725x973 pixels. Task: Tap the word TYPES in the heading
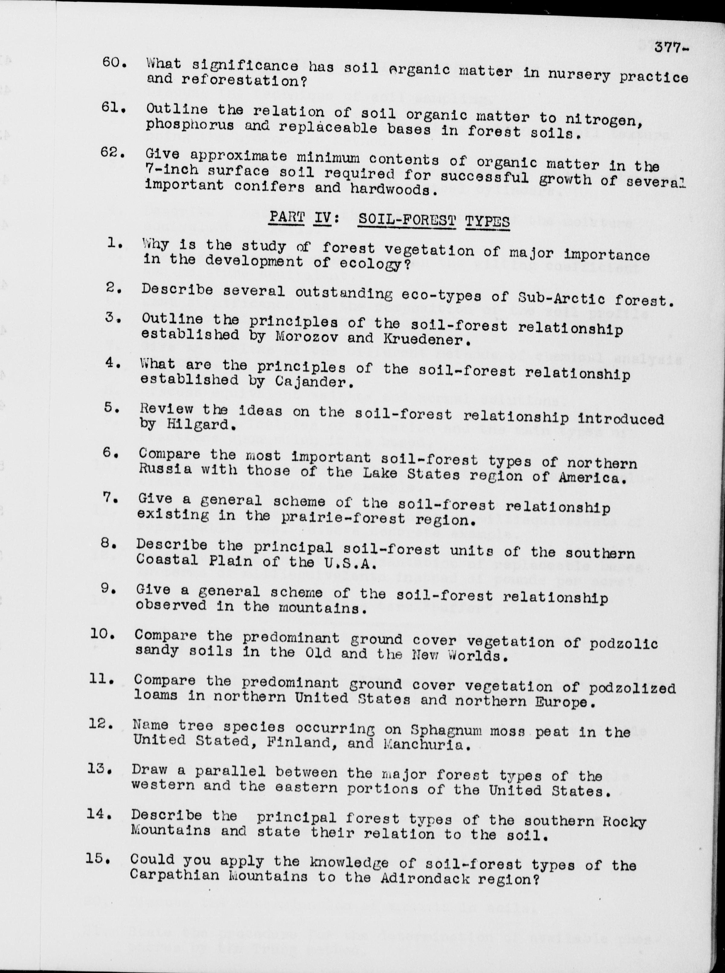click(488, 221)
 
